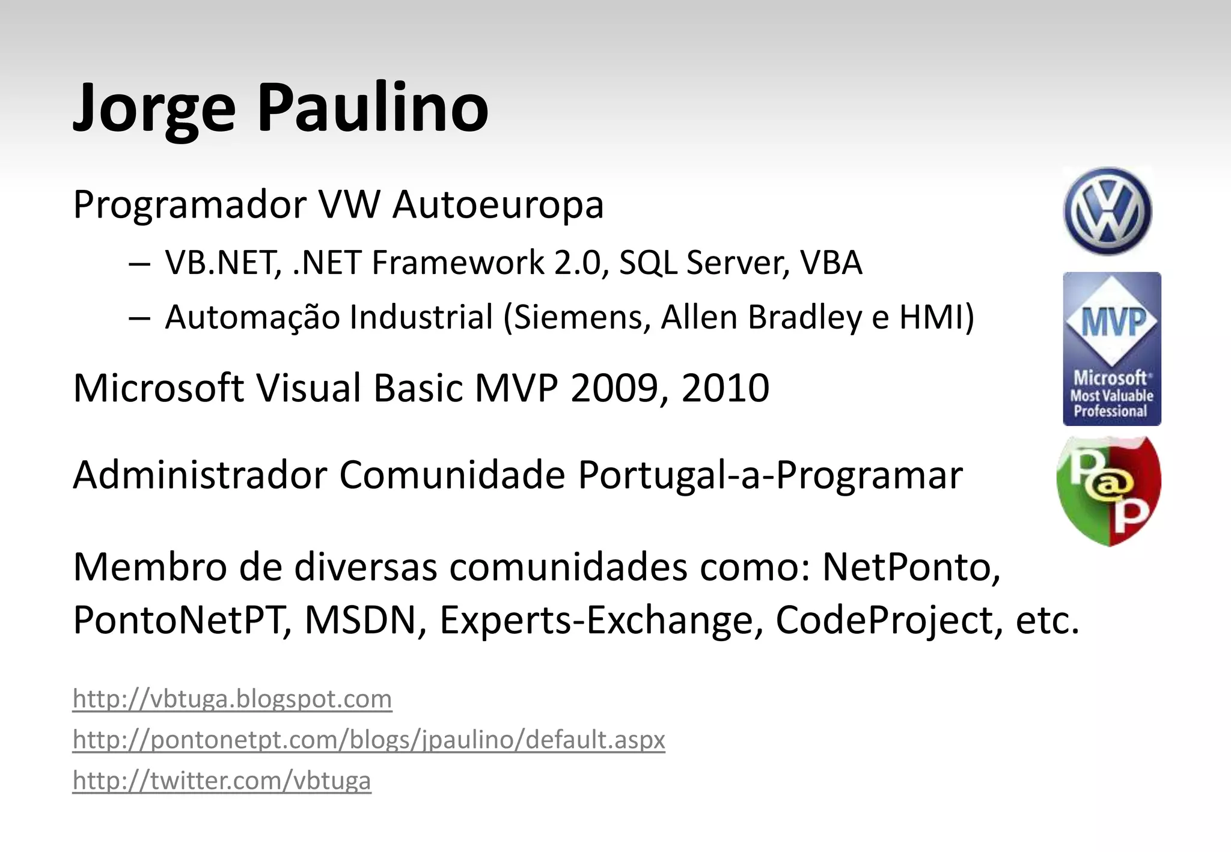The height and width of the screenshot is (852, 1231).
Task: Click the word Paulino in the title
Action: [373, 108]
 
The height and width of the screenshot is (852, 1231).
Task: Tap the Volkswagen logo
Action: [1108, 211]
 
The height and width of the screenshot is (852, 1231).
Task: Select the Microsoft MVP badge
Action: [1111, 348]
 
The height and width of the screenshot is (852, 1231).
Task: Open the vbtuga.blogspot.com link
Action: [232, 699]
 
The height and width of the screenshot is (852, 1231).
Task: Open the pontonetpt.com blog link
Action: [368, 740]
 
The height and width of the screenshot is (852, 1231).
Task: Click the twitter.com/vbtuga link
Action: [222, 780]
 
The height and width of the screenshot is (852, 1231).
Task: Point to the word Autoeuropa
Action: [498, 205]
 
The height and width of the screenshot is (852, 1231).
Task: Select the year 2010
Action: [725, 388]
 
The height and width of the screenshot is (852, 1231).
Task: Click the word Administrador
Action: [199, 475]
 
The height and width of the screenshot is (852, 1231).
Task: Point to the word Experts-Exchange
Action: [596, 620]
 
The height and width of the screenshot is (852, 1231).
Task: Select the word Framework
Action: [457, 263]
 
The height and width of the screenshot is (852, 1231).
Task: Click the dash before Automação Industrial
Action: [139, 318]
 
